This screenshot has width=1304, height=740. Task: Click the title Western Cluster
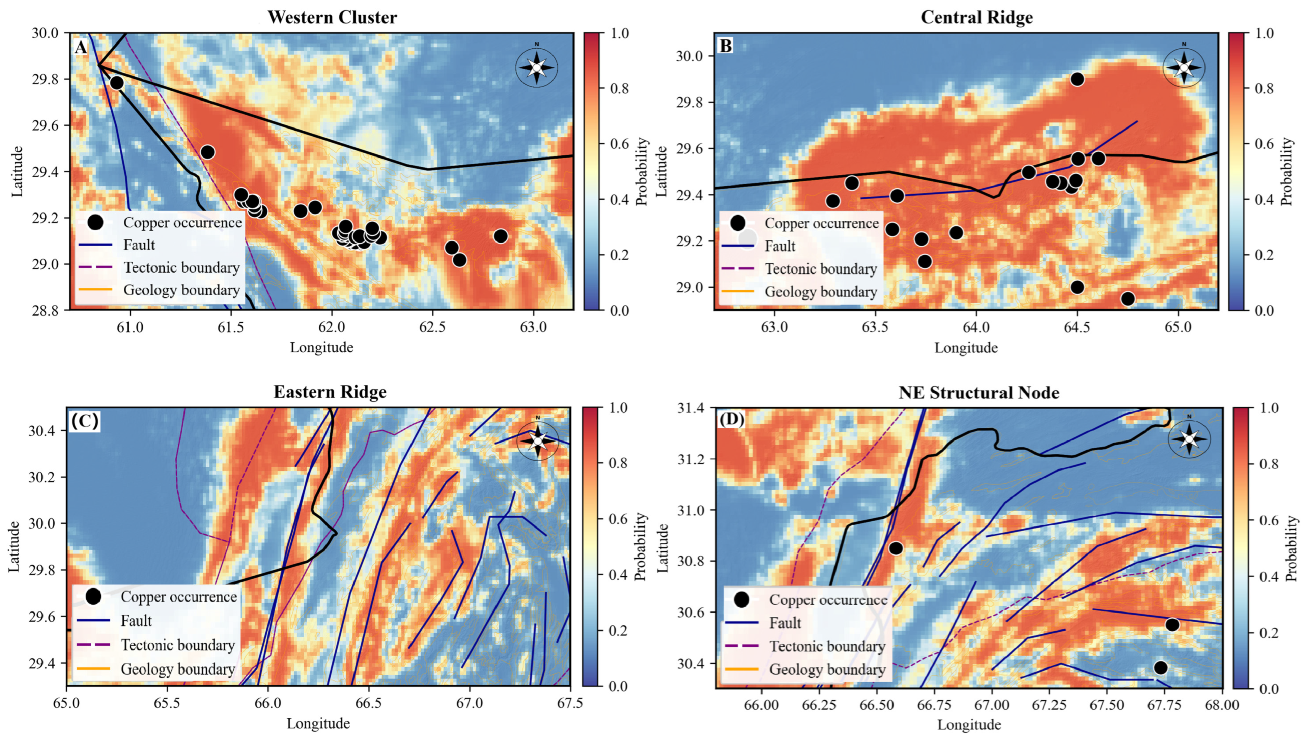(x=332, y=17)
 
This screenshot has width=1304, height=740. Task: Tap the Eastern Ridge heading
(x=330, y=392)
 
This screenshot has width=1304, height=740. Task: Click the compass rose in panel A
(x=537, y=67)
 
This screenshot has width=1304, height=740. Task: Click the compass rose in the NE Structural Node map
(x=1189, y=438)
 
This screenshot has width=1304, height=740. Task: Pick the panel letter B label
(x=726, y=46)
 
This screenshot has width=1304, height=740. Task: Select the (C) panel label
(x=85, y=421)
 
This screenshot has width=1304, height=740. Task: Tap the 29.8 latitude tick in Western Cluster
(x=45, y=79)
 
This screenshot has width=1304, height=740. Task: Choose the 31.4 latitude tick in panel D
(x=693, y=408)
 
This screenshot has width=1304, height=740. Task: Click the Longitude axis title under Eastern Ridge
(x=318, y=723)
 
